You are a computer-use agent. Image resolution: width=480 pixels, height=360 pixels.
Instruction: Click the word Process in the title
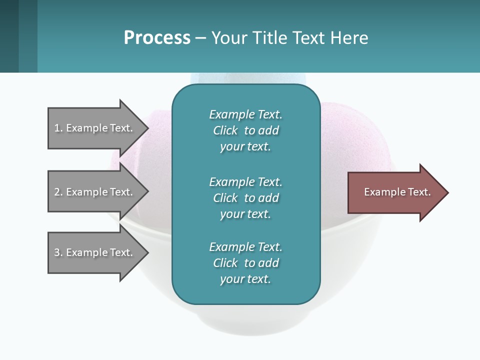pos(157,38)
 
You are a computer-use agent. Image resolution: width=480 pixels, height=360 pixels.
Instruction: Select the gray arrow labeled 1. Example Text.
pos(95,128)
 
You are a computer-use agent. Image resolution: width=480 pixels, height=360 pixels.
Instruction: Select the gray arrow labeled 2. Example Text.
pos(95,192)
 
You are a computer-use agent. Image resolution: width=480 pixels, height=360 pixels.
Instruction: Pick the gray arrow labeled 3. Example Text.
pos(95,252)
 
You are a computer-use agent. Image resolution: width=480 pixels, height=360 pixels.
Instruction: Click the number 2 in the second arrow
pos(56,192)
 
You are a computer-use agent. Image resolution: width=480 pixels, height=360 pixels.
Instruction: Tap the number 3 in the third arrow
pos(56,252)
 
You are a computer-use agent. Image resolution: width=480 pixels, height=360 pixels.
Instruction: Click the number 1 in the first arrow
pos(56,128)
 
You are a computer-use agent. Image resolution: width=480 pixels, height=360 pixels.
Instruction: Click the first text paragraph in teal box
pos(245,130)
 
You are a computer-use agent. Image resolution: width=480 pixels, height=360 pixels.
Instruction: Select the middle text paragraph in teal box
pos(245,198)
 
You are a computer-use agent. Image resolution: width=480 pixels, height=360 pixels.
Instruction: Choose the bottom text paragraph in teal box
pos(245,263)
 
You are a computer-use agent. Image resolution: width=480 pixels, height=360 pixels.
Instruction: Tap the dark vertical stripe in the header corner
pos(9,36)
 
